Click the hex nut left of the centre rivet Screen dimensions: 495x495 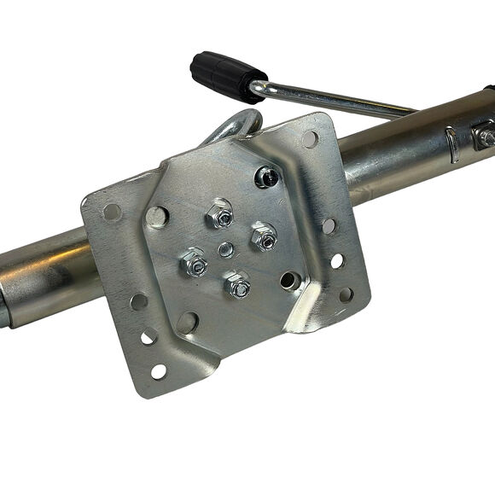click(194, 264)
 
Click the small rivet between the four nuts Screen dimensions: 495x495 click(226, 249)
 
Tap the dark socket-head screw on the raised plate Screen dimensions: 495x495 click(265, 177)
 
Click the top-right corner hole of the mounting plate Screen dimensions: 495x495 click(310, 137)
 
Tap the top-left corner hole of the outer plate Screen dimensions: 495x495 click(111, 211)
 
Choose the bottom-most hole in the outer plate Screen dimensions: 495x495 click(158, 371)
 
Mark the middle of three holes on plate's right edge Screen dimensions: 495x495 click(337, 260)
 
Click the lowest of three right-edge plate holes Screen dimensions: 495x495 click(346, 294)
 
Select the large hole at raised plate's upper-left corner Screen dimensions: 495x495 click(156, 217)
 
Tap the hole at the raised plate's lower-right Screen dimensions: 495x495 click(290, 280)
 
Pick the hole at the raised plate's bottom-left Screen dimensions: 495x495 click(187, 323)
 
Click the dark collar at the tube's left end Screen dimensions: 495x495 click(4, 307)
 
